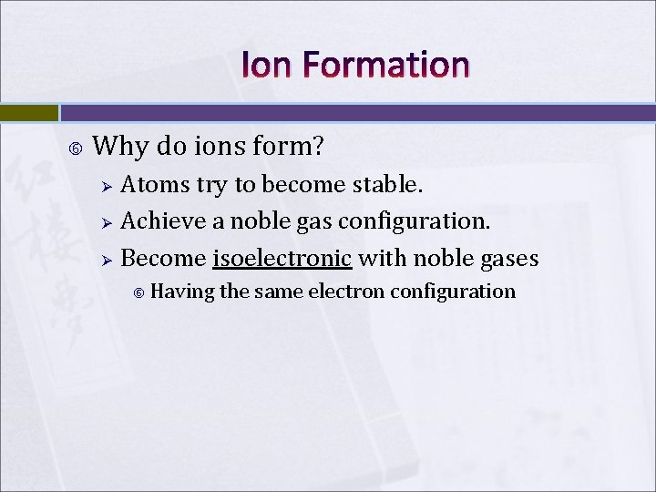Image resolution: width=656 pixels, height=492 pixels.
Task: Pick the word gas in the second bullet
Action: (313, 221)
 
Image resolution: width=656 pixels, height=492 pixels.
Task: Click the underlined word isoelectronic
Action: (282, 258)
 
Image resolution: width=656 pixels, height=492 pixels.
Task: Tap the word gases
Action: (502, 258)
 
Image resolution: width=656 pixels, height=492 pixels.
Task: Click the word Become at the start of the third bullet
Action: (163, 258)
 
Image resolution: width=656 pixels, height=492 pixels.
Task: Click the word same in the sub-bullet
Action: (279, 292)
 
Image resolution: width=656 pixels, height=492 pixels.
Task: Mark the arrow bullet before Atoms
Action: (106, 187)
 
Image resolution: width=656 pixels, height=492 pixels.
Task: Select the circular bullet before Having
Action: (138, 292)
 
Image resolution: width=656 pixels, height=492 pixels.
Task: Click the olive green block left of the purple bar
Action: (28, 113)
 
